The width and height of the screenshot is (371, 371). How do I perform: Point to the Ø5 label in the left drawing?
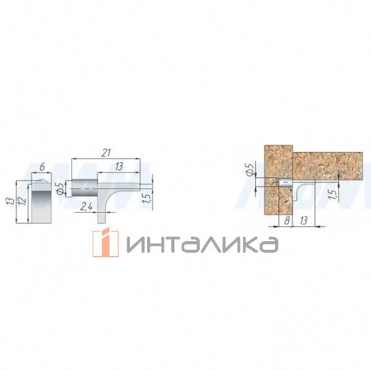(60, 188)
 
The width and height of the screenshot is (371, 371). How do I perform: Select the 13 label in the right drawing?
(304, 220)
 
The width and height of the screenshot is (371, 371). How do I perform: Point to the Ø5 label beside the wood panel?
(249, 169)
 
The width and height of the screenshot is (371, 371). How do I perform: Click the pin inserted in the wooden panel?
(285, 183)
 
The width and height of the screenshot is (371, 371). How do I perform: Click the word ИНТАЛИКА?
(201, 244)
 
